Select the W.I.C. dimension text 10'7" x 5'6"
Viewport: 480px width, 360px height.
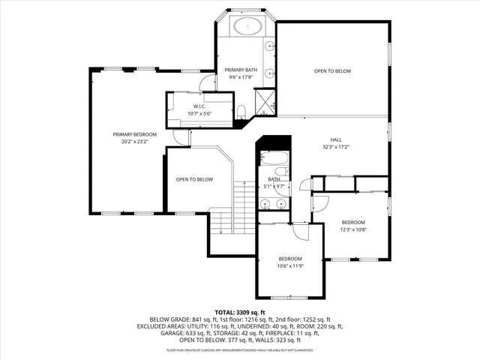pyautogui.click(x=199, y=113)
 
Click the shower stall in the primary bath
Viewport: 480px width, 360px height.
pyautogui.click(x=264, y=101)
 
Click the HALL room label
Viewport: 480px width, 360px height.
pyautogui.click(x=337, y=140)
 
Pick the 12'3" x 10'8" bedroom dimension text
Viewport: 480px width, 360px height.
pyautogui.click(x=353, y=229)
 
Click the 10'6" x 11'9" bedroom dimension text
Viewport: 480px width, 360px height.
pyautogui.click(x=289, y=265)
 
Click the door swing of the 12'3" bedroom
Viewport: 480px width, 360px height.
pyautogui.click(x=320, y=203)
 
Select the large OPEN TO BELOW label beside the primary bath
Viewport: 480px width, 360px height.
pyautogui.click(x=332, y=71)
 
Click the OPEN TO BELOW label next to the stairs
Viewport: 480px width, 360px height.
pyautogui.click(x=194, y=179)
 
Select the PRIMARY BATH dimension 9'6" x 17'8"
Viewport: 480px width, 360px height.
pyautogui.click(x=240, y=76)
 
